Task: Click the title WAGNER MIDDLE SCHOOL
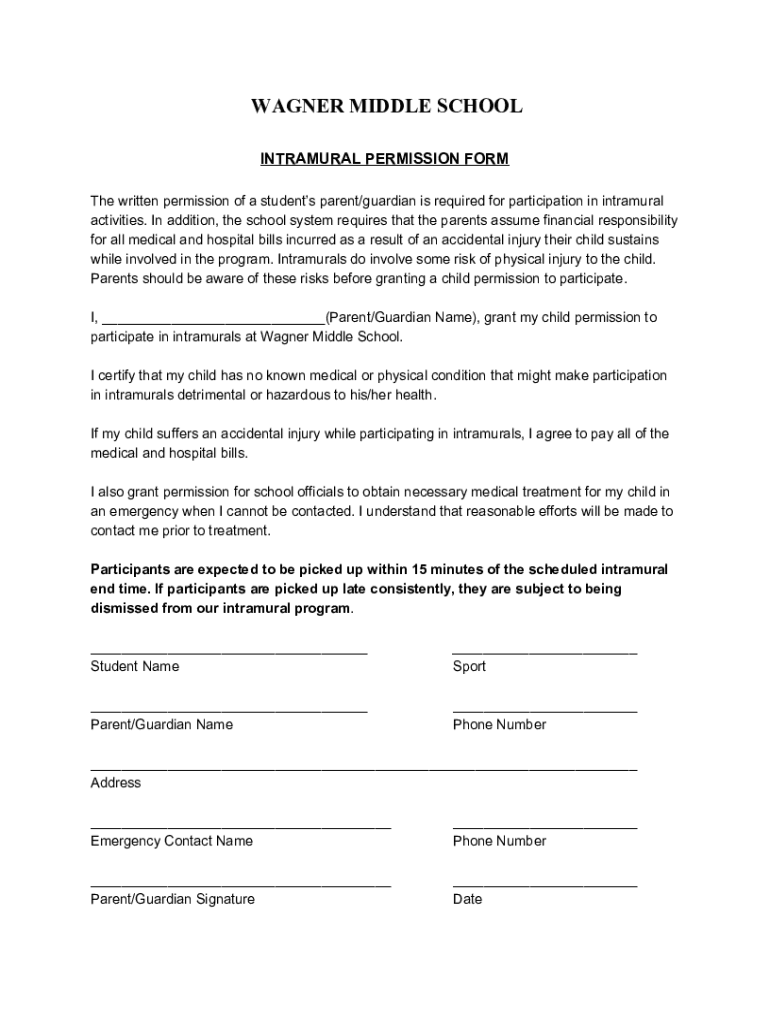[385, 106]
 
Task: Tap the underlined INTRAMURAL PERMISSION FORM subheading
[385, 159]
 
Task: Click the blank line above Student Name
[229, 652]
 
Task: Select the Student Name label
[135, 666]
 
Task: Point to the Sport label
[469, 666]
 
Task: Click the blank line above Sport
[544, 652]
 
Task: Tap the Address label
[116, 783]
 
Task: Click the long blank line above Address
[363, 769]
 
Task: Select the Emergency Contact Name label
[172, 841]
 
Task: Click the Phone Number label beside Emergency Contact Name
[499, 841]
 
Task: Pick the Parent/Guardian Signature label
[172, 899]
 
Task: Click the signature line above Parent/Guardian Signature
[240, 885]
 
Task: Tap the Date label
[467, 899]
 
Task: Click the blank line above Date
[544, 885]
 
